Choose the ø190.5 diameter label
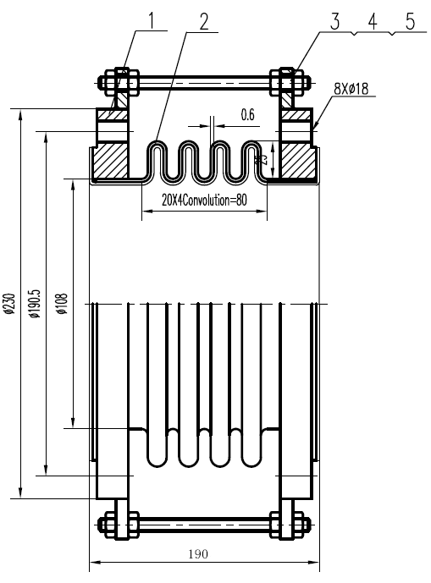[x=35, y=304]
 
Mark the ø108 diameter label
[x=64, y=304]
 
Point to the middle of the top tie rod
[x=204, y=84]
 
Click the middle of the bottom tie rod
[x=204, y=523]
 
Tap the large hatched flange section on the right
[x=300, y=161]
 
